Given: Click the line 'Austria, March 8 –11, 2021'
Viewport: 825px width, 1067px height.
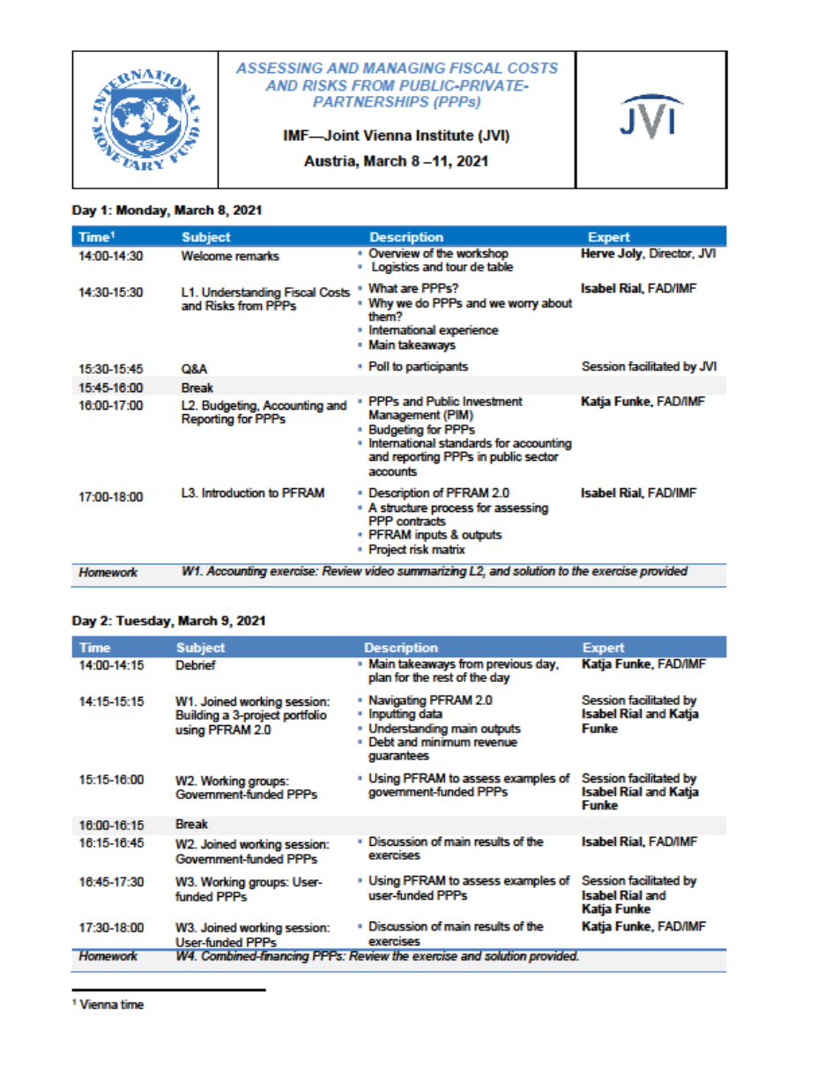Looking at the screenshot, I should click(x=395, y=161).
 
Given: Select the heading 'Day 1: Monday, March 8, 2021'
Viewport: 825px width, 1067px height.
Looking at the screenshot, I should click(x=167, y=211).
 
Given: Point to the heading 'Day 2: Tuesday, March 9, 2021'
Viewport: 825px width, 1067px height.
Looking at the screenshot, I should click(x=168, y=620).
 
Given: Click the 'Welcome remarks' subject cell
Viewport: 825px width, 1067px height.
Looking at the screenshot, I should click(x=230, y=256).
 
